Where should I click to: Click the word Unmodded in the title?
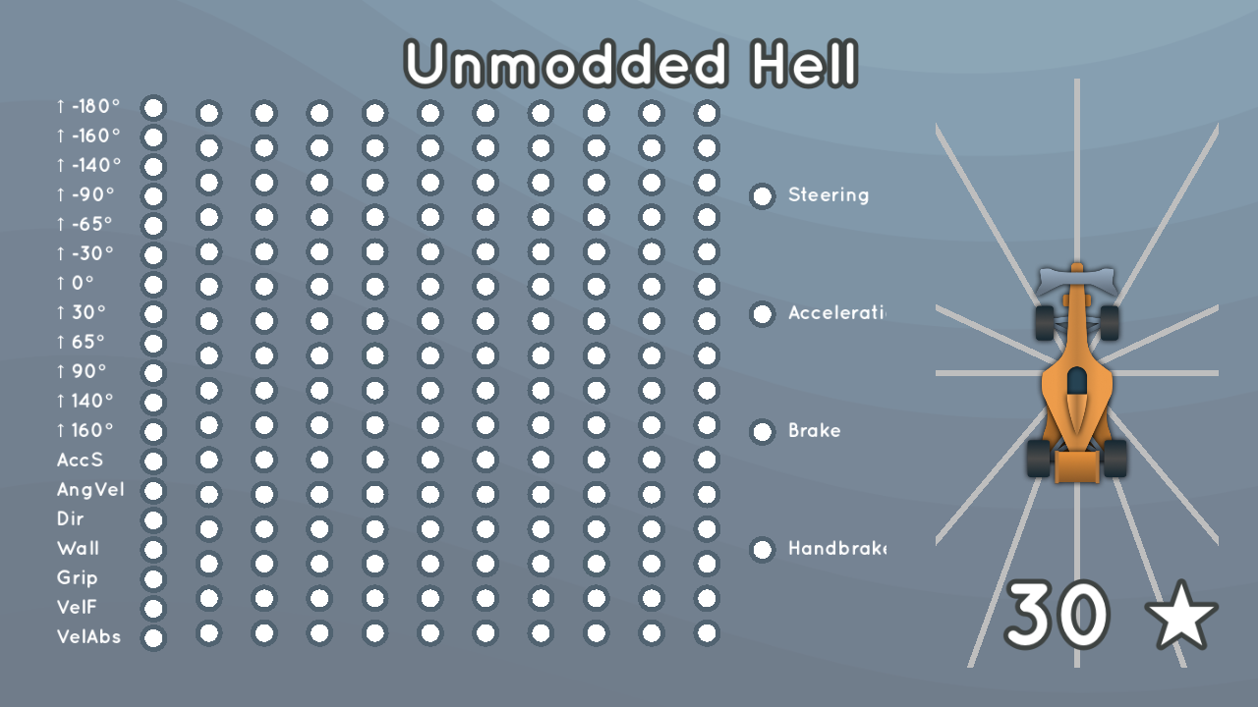(566, 66)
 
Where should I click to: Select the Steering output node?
(762, 196)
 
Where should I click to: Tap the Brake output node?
(762, 432)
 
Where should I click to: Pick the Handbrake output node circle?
(762, 550)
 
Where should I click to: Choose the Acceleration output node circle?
(762, 314)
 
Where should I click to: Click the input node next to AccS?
(153, 462)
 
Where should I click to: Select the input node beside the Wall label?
(153, 550)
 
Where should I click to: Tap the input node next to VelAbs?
(153, 638)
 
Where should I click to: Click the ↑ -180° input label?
(88, 107)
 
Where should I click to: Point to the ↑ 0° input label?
(76, 284)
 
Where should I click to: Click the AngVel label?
(90, 490)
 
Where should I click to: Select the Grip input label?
(78, 578)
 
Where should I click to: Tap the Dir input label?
(71, 519)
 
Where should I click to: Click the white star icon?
(1181, 616)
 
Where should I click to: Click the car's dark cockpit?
(1077, 381)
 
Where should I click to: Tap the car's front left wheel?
(1044, 322)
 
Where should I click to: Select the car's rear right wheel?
(1115, 458)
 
